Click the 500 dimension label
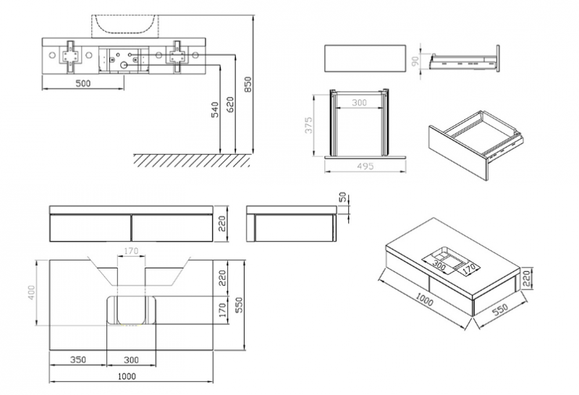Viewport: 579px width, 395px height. coord(83,83)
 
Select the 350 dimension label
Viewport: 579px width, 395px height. coord(78,358)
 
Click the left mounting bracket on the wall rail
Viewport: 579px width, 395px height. coord(70,56)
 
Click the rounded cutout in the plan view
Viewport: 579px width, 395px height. coord(132,310)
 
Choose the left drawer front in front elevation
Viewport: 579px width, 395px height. coord(90,228)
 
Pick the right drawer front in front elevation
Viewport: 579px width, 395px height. coord(172,228)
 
